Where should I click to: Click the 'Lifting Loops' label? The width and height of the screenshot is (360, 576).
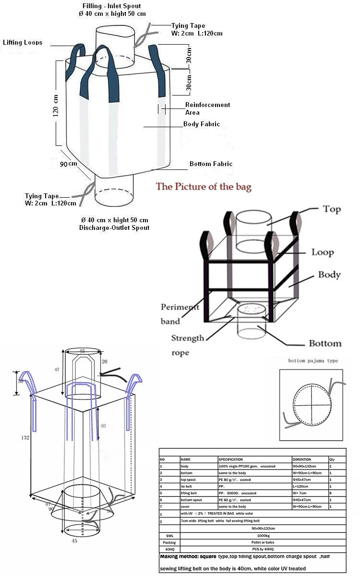(x=23, y=43)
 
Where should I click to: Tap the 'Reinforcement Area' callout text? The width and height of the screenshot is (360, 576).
(x=207, y=108)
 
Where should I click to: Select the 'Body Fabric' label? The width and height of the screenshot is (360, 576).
(x=202, y=124)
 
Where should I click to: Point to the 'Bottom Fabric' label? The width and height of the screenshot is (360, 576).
(x=211, y=164)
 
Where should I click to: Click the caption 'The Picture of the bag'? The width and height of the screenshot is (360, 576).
(x=204, y=187)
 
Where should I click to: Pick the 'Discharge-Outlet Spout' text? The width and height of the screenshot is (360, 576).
(x=114, y=228)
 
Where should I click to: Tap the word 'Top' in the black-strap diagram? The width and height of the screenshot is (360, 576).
(x=332, y=209)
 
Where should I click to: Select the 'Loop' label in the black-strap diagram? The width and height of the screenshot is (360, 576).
(x=323, y=252)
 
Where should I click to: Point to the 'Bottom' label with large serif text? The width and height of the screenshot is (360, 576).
(x=325, y=343)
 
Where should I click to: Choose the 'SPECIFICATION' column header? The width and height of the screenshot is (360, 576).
(x=230, y=459)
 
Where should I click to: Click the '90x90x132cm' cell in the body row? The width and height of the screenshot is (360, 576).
(x=305, y=466)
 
